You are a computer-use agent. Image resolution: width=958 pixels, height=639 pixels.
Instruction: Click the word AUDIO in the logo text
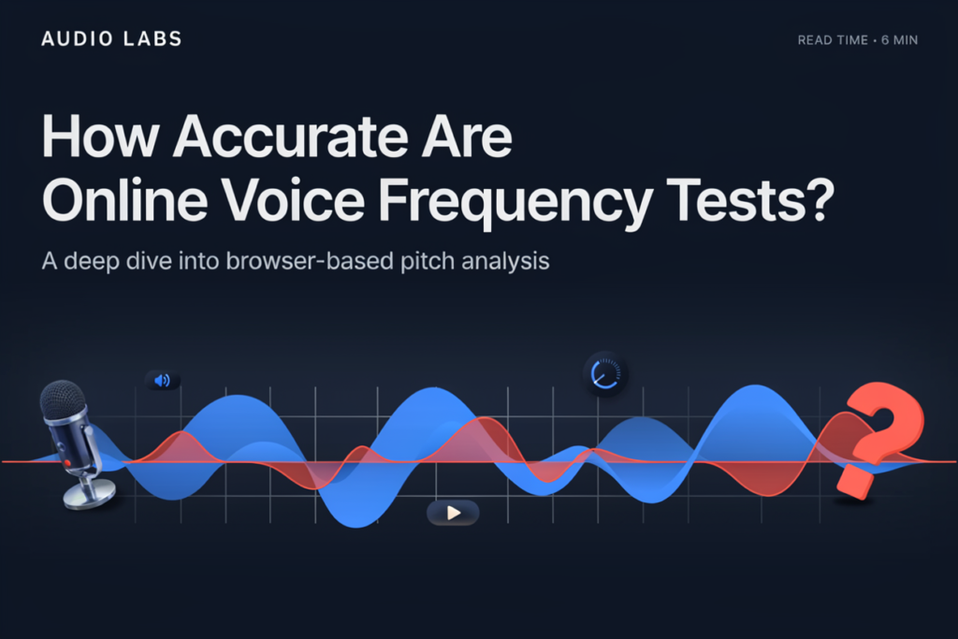click(78, 39)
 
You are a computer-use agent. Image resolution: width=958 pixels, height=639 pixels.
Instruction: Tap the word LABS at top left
click(152, 39)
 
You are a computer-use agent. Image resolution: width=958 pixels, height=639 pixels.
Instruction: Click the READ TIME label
click(833, 40)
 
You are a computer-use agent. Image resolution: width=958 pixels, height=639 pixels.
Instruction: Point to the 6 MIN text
click(899, 40)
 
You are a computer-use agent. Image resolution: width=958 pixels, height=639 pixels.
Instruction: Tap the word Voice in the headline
click(293, 200)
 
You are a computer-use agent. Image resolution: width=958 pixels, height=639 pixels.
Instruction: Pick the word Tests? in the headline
click(750, 200)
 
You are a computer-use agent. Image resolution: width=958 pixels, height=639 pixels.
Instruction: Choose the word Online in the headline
click(124, 200)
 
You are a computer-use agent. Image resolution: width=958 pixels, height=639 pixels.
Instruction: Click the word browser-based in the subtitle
click(310, 261)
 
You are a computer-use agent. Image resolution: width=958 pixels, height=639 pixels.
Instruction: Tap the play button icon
click(453, 513)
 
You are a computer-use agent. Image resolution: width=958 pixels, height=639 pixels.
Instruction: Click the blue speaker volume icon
click(163, 381)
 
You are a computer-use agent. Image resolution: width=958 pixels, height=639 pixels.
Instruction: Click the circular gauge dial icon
click(605, 373)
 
